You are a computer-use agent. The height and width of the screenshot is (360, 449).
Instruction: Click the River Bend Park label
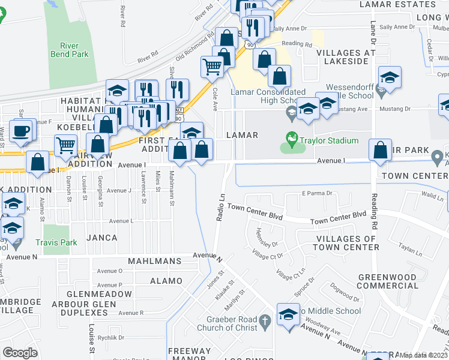(74, 50)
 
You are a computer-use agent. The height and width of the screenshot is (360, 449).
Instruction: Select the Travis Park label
(56, 243)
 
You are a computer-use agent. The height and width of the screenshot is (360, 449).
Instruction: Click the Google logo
(20, 353)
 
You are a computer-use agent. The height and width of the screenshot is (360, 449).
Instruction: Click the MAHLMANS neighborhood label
(155, 262)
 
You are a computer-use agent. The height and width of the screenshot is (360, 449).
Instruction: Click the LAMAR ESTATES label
(397, 4)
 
